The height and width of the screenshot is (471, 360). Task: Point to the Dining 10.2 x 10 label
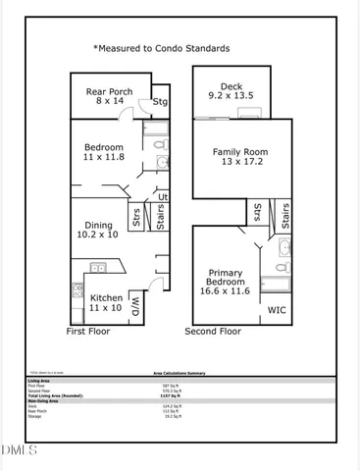point(98,229)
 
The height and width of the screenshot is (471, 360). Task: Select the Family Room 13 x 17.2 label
point(240,158)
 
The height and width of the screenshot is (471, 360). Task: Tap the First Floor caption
point(88,332)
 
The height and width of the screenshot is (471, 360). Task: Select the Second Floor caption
point(213,332)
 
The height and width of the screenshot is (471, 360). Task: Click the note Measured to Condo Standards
point(162,47)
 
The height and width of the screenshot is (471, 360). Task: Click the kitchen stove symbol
point(77,290)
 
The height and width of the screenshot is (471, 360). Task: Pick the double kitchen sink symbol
point(98,267)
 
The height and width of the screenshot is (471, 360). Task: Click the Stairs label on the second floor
point(283,217)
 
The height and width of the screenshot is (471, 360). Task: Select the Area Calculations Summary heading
point(178,374)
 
